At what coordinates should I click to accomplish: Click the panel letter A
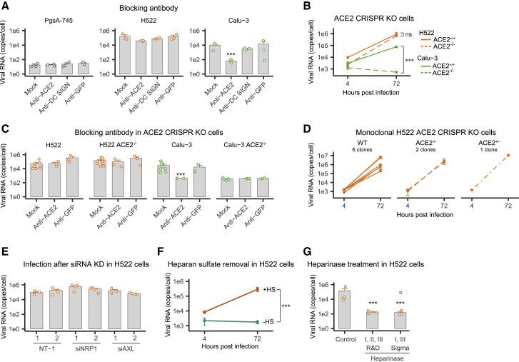[5, 6]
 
